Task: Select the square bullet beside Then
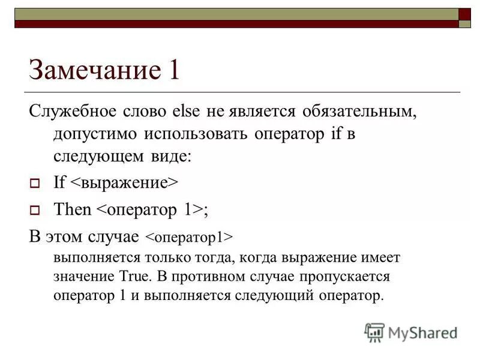(x=34, y=210)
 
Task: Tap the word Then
(x=73, y=209)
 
